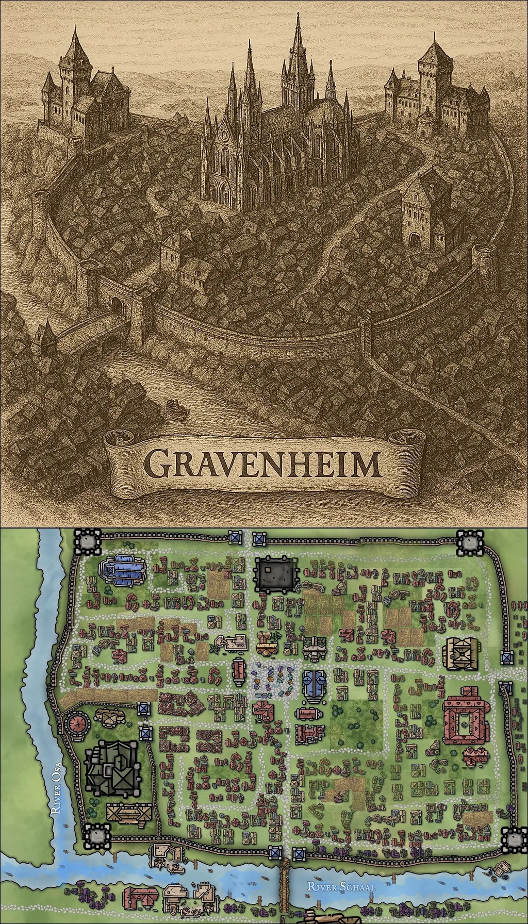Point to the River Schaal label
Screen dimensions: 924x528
(x=340, y=886)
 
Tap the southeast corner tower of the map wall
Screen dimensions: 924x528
(x=514, y=839)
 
